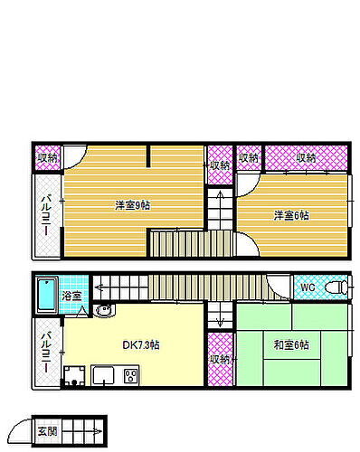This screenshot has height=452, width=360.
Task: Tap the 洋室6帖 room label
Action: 291,215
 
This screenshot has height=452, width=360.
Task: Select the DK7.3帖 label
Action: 141,344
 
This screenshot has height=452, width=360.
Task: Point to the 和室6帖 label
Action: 290,344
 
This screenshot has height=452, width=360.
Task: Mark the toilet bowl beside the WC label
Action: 335,287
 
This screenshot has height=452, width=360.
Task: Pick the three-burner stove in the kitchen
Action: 129,376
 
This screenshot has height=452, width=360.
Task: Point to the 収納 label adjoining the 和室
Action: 218,359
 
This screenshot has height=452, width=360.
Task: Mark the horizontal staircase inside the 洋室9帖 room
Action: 178,242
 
